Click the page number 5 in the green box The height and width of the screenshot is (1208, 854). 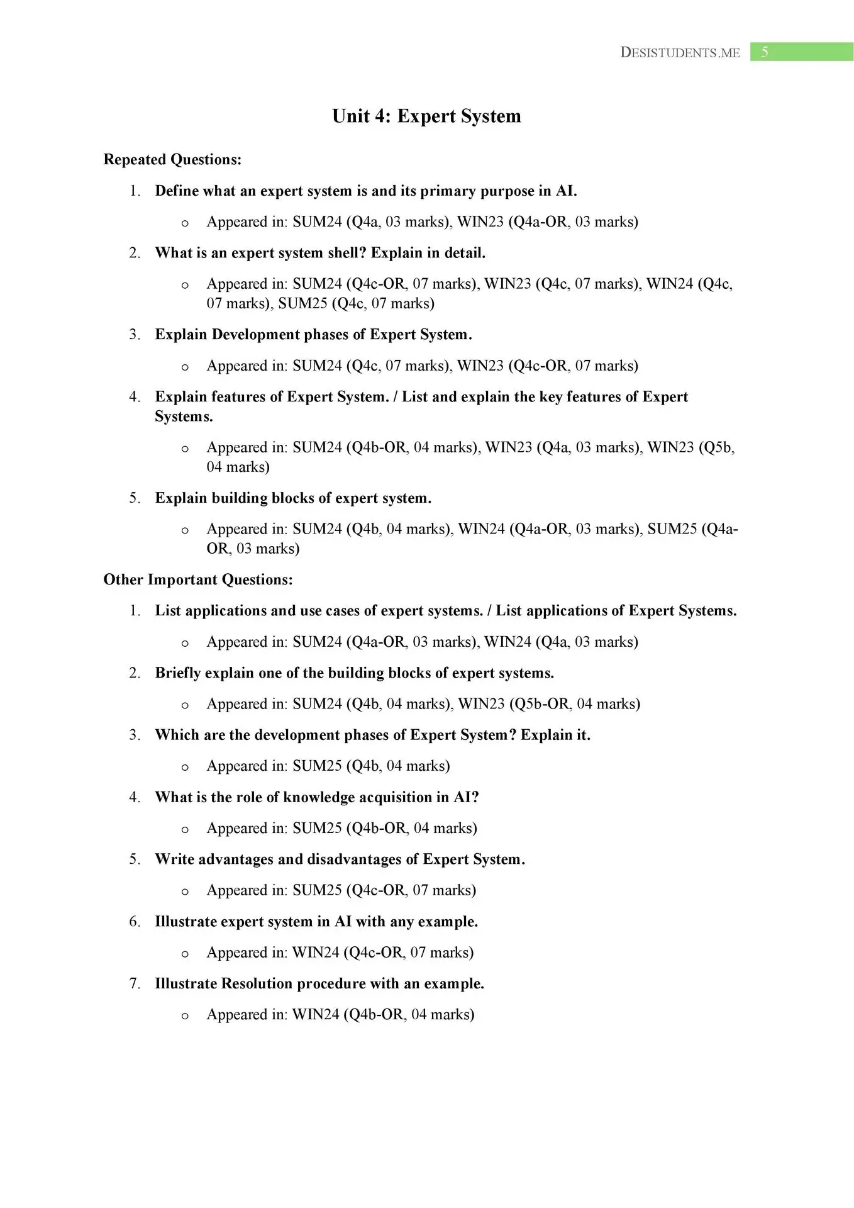[764, 52]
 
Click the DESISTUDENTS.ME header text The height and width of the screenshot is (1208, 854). [680, 53]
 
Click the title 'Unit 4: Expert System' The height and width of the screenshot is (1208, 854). [426, 116]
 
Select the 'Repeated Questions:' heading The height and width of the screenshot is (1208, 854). [172, 160]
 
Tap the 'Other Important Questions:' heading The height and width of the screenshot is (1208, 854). [198, 579]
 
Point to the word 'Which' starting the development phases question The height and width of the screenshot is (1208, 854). [177, 735]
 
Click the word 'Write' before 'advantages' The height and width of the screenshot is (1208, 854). [174, 859]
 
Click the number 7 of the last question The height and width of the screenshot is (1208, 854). [134, 983]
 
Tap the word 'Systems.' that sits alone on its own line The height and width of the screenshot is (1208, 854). [184, 417]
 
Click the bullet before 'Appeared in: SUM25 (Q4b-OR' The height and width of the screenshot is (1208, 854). [185, 830]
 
